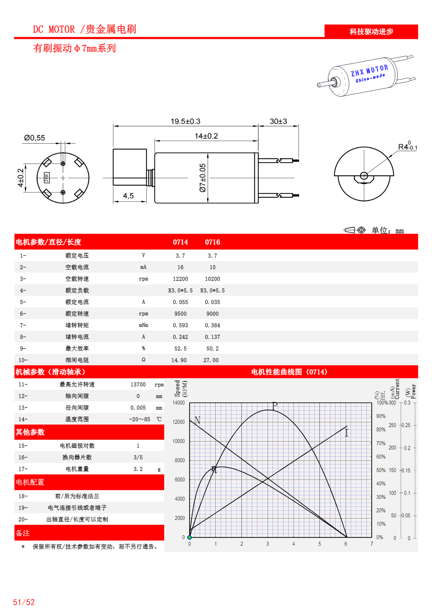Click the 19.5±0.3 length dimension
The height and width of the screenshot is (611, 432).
[x=185, y=122]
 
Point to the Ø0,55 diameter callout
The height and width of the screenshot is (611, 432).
[x=34, y=138]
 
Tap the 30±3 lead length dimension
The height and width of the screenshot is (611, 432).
[x=278, y=122]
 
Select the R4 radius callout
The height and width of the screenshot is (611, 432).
[x=407, y=147]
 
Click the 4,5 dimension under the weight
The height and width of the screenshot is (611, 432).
[x=128, y=196]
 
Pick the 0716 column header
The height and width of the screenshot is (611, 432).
[x=212, y=242]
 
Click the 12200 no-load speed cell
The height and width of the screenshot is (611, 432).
[x=180, y=279]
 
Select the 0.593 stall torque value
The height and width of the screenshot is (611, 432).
[x=180, y=325]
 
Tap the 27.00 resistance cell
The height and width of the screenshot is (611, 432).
[x=211, y=360]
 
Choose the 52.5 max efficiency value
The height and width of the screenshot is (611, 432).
[x=180, y=348]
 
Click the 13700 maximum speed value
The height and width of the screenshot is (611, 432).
[x=138, y=384]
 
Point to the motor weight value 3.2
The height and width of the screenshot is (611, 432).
[x=138, y=469]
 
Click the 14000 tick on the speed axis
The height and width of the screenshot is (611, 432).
[x=179, y=403]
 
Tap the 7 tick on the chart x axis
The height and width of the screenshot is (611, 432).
[x=372, y=544]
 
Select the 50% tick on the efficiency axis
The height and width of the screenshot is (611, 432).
[x=381, y=470]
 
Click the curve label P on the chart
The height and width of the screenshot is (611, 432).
[x=275, y=405]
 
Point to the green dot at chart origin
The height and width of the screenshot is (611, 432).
[x=189, y=537]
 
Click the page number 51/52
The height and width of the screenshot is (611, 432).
[x=24, y=602]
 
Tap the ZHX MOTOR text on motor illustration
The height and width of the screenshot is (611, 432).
[x=369, y=70]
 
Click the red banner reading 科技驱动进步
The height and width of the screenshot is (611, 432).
[x=371, y=32]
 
